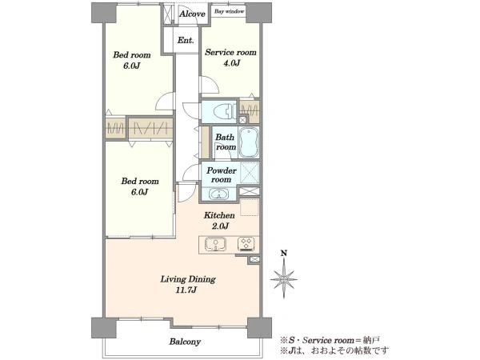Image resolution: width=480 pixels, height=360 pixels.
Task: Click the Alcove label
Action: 192,14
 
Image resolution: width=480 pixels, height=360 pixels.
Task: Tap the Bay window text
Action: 229,11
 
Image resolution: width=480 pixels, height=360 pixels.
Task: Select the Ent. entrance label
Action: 186,40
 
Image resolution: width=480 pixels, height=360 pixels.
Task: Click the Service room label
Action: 230,52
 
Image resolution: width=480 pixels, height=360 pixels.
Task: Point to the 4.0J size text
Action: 231,63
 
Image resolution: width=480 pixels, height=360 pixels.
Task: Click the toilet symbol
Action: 226,111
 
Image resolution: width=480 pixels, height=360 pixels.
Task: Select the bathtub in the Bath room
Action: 249,142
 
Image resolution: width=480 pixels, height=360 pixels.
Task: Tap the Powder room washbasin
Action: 218,194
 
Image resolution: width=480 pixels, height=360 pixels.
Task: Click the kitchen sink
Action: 216,244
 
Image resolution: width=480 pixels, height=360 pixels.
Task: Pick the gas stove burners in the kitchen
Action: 246,244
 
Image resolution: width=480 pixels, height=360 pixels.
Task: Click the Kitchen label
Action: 219,215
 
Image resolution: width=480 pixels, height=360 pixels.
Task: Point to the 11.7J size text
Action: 186,290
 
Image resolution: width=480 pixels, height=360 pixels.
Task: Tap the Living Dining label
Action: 188,279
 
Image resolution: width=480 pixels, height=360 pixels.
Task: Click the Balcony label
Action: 185,342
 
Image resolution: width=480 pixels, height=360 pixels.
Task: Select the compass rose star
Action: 284,279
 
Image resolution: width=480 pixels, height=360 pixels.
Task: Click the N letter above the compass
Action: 284,253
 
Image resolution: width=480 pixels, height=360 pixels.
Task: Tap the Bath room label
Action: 226,142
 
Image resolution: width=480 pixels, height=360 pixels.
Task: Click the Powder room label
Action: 222,174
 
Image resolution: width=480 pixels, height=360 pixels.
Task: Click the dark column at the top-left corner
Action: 104,13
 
